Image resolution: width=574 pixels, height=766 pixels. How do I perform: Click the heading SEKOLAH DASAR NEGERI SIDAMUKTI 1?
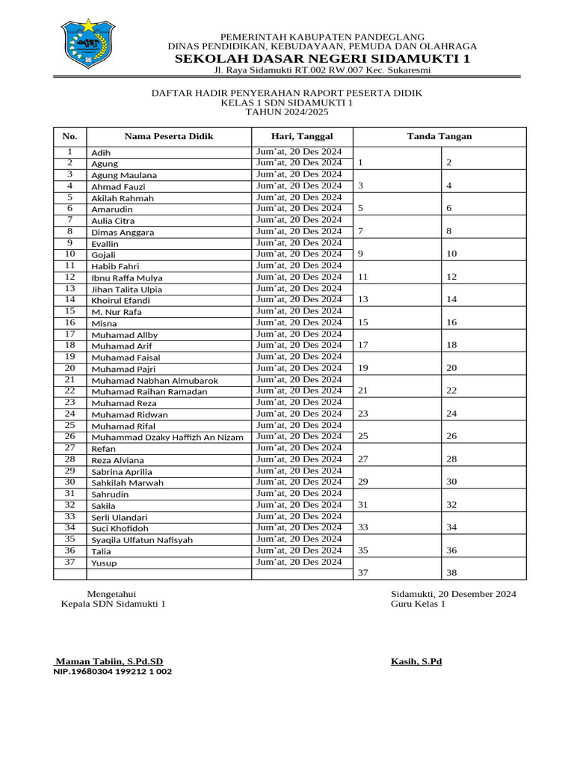322,58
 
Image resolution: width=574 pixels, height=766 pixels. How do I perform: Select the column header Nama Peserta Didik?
168,136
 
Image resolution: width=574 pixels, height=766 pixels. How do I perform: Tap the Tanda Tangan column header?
439,136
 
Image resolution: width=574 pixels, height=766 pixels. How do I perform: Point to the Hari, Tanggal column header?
302,136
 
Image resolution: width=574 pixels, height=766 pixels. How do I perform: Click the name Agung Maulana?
124,175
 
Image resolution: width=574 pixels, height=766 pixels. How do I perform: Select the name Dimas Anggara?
123,232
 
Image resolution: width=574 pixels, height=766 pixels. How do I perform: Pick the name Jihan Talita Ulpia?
126,289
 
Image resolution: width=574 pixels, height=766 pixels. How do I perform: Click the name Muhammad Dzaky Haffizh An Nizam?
167,437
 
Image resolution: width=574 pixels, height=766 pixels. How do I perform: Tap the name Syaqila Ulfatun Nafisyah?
142,540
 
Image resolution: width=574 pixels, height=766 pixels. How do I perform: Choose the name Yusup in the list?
104,563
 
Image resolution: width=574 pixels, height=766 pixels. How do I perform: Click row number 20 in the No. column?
70,368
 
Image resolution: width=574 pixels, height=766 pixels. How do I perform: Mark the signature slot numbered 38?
451,573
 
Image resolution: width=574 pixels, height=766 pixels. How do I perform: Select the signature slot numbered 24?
451,414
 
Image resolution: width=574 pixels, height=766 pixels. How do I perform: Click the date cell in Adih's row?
299,151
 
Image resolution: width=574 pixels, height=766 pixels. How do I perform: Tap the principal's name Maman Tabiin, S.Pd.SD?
110,661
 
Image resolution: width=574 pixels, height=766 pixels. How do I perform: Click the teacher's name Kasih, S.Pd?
416,661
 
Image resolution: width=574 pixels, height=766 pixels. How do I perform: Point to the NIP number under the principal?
113,672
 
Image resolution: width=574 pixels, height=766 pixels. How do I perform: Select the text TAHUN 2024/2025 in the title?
286,112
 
